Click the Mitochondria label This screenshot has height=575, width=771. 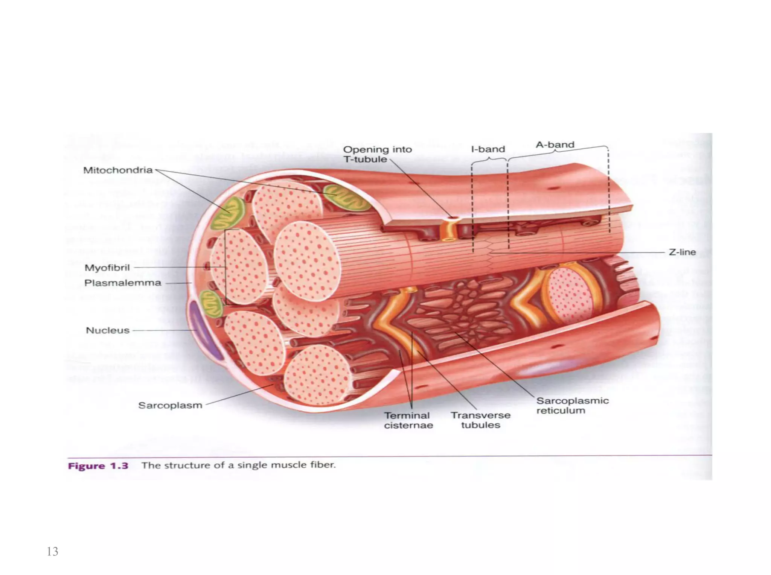pyautogui.click(x=118, y=170)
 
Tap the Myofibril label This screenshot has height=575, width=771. pyautogui.click(x=107, y=268)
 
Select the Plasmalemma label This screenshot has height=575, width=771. pyautogui.click(x=123, y=283)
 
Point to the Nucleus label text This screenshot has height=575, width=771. pyautogui.click(x=108, y=330)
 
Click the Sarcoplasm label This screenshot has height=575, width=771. pyautogui.click(x=170, y=405)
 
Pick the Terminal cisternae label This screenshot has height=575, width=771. pyautogui.click(x=408, y=420)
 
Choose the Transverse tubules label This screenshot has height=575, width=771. pyautogui.click(x=481, y=420)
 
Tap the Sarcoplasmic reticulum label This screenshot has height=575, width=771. pyautogui.click(x=572, y=405)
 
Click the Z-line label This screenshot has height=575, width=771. pyautogui.click(x=682, y=252)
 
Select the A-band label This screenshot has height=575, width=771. pyautogui.click(x=555, y=145)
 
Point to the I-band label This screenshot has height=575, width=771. pyautogui.click(x=488, y=149)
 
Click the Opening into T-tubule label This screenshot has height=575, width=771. pyautogui.click(x=377, y=154)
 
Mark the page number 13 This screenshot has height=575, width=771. pyautogui.click(x=52, y=551)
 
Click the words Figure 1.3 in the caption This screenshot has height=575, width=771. pyautogui.click(x=98, y=466)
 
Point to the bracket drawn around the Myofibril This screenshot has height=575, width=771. pyautogui.click(x=226, y=267)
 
